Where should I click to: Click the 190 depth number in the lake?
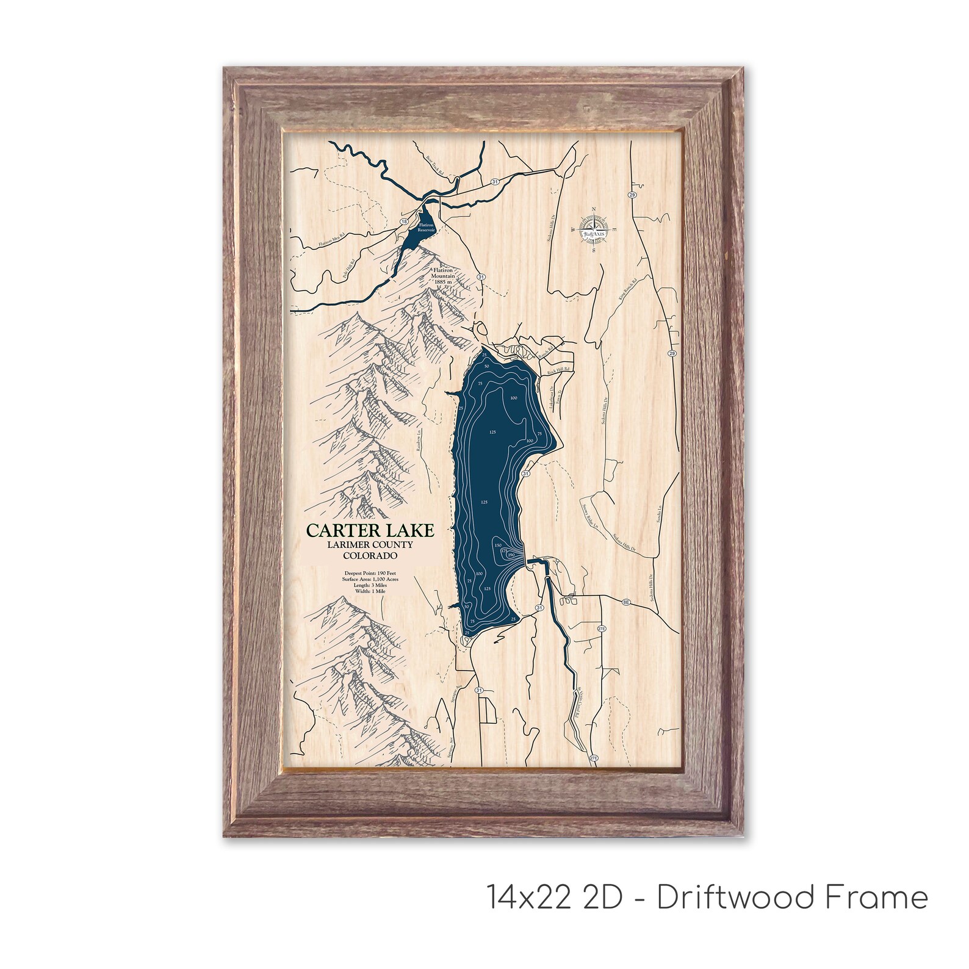pos(511,554)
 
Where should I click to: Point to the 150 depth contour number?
pos(498,545)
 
